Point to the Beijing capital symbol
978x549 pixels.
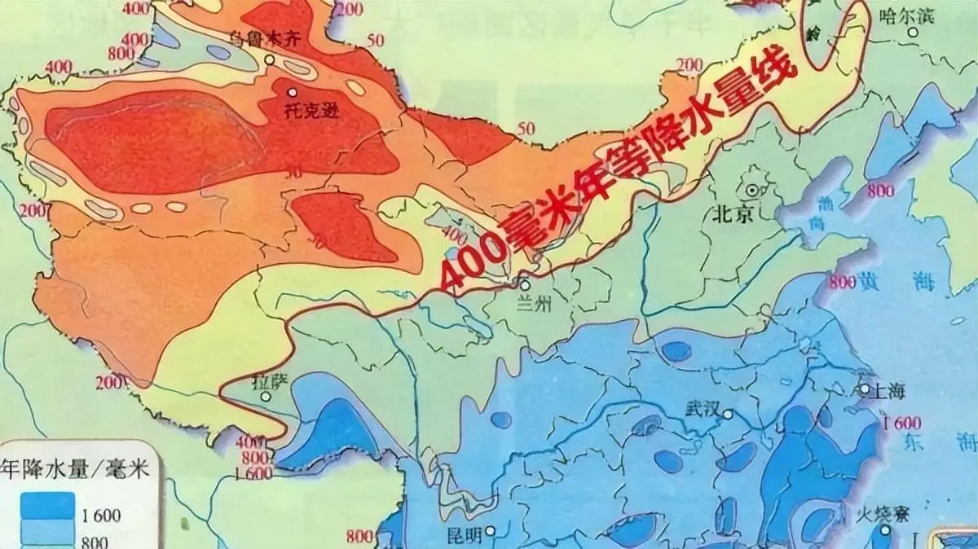[751, 190]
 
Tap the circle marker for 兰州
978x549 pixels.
[525, 286]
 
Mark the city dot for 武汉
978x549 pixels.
[729, 413]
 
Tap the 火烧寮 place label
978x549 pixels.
[876, 515]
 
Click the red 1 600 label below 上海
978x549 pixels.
[902, 423]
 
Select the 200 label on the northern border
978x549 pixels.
[689, 65]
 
